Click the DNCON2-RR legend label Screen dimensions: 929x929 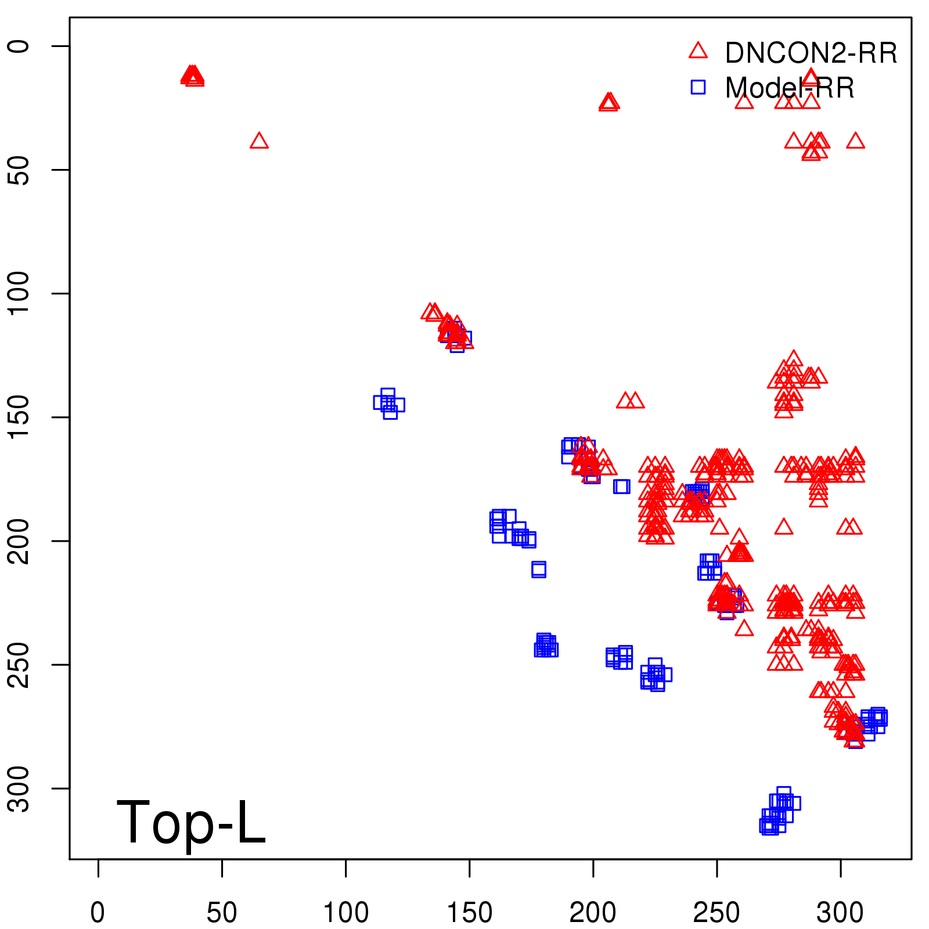click(x=811, y=53)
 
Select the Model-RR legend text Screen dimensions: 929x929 click(x=790, y=88)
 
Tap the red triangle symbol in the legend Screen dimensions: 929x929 click(x=698, y=51)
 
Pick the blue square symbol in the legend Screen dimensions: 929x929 click(x=698, y=87)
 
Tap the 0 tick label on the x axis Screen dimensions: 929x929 click(x=98, y=913)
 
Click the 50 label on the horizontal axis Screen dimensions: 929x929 click(x=222, y=913)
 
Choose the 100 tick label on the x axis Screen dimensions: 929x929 click(x=345, y=913)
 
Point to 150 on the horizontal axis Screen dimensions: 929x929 click(x=469, y=913)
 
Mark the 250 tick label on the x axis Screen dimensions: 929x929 click(x=716, y=913)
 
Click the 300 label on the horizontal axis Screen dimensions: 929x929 click(x=840, y=913)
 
